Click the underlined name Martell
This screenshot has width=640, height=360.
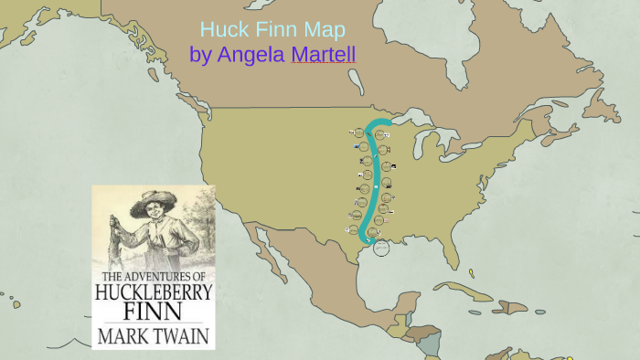(323, 55)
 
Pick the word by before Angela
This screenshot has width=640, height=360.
(200, 55)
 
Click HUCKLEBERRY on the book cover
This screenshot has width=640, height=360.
(154, 293)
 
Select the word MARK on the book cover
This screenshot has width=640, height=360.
(123, 335)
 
